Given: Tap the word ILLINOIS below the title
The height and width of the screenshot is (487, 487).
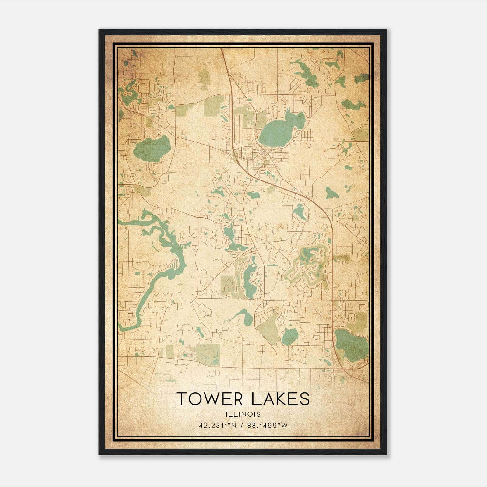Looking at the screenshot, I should [243, 414].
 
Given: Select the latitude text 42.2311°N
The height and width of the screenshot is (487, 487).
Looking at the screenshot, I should [217, 426].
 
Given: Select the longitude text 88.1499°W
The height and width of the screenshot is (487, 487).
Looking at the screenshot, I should [267, 426].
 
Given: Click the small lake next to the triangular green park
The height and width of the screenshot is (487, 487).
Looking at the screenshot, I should [289, 337].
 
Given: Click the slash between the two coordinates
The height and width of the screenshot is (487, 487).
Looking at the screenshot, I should [242, 426].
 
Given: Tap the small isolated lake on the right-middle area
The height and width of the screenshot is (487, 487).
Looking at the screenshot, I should [330, 193].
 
